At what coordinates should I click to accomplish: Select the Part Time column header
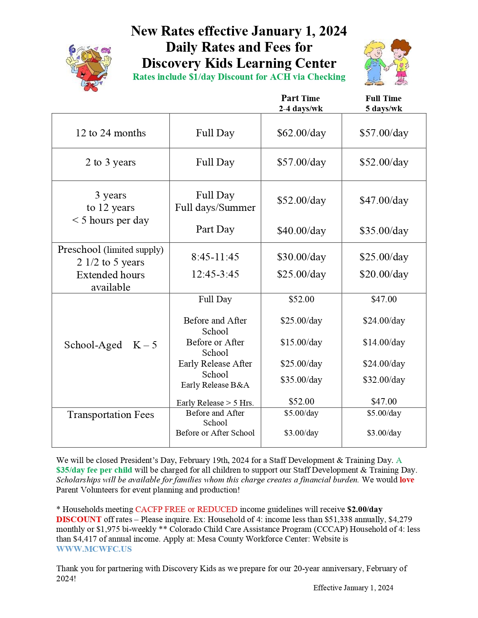(x=301, y=103)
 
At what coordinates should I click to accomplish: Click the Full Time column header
(x=384, y=103)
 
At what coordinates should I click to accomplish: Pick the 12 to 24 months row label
(x=111, y=133)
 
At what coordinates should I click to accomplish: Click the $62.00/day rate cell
(x=301, y=133)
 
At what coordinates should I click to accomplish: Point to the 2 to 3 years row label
(x=111, y=162)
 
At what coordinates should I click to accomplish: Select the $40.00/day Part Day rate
(x=301, y=231)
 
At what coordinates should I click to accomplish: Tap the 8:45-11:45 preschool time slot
(x=215, y=257)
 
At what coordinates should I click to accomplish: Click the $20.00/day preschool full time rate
(x=384, y=274)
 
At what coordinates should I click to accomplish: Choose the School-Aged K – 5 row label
(x=111, y=345)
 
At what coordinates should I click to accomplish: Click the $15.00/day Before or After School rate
(x=301, y=342)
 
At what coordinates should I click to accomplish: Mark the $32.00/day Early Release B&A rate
(x=384, y=380)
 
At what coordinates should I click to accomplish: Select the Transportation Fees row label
(x=111, y=415)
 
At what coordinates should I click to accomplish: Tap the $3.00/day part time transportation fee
(x=301, y=433)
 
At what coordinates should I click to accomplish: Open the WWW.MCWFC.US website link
(x=94, y=549)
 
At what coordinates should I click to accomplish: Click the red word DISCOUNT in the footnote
(x=79, y=519)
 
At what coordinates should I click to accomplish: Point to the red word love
(x=407, y=480)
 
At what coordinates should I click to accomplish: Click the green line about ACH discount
(x=239, y=77)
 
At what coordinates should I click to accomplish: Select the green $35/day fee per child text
(x=94, y=470)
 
